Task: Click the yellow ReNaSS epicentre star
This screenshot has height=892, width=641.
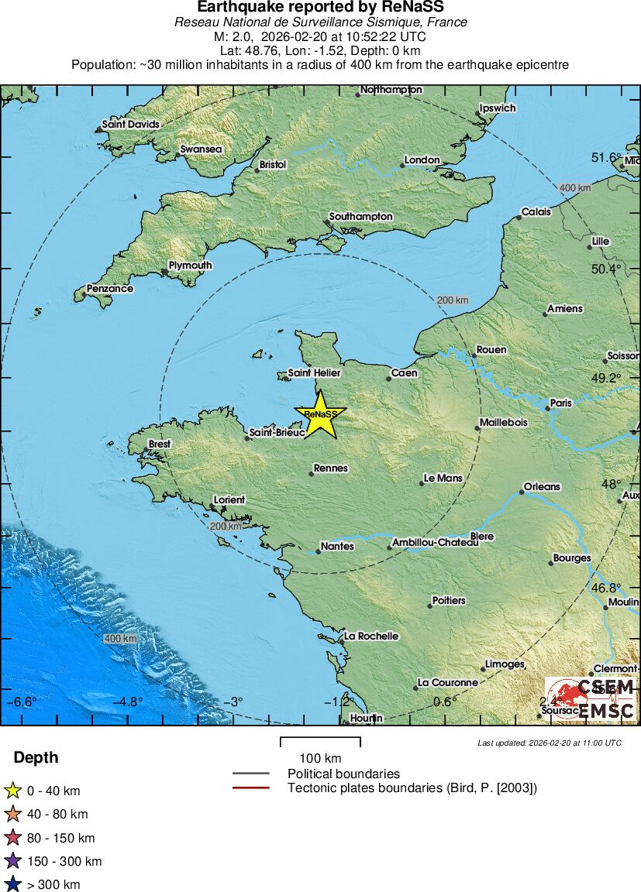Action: pyautogui.click(x=320, y=413)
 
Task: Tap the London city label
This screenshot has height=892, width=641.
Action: pyautogui.click(x=422, y=160)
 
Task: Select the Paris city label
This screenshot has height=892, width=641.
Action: pyautogui.click(x=560, y=403)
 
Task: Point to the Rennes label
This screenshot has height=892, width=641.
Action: pyautogui.click(x=331, y=468)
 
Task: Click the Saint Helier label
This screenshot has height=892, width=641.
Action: pyautogui.click(x=314, y=373)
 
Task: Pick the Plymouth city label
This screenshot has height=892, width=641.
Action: pyautogui.click(x=190, y=266)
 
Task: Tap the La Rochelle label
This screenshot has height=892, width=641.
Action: pyautogui.click(x=371, y=636)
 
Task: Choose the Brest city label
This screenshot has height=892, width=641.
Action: pyautogui.click(x=159, y=444)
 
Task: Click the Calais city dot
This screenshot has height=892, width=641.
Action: pyautogui.click(x=519, y=218)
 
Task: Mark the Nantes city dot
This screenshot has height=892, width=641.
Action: pyautogui.click(x=319, y=552)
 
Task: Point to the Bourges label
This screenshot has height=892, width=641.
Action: pyautogui.click(x=572, y=558)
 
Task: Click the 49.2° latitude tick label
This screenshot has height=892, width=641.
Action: pyautogui.click(x=606, y=378)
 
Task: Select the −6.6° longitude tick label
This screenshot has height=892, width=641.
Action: pyautogui.click(x=22, y=702)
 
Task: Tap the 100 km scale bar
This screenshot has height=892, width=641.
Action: pyautogui.click(x=320, y=742)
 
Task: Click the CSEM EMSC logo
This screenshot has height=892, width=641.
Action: pyautogui.click(x=591, y=699)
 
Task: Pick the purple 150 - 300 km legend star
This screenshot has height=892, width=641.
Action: pyautogui.click(x=12, y=861)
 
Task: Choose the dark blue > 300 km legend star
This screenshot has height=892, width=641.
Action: pyautogui.click(x=12, y=884)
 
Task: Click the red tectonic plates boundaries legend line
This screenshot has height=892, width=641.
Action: pyautogui.click(x=250, y=788)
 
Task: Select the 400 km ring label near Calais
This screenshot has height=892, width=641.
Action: pyautogui.click(x=575, y=188)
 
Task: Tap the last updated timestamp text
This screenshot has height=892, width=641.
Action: pyautogui.click(x=550, y=743)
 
